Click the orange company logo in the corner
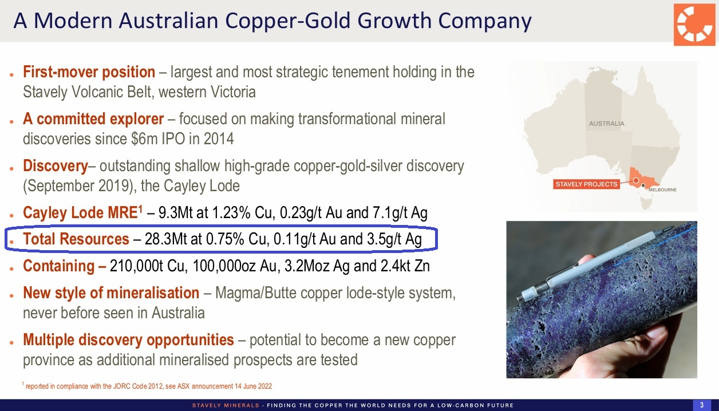(x=694, y=25)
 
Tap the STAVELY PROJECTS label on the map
(x=586, y=184)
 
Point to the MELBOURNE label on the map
(x=662, y=189)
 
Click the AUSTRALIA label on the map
(x=606, y=124)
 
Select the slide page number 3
(x=702, y=405)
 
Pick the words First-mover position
(x=89, y=72)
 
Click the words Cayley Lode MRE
(x=80, y=212)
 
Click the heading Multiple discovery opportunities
(x=128, y=340)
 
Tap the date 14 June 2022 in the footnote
(x=253, y=386)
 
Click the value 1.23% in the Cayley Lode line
(x=231, y=212)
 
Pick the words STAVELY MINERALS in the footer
(x=226, y=405)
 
